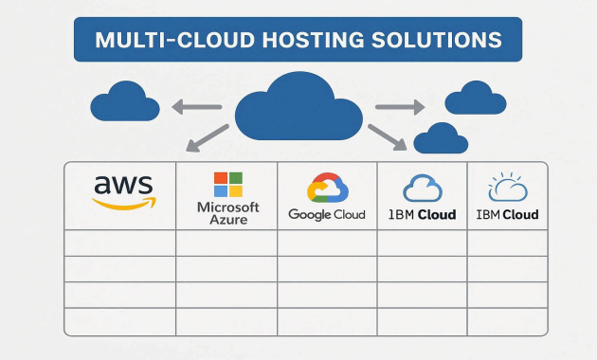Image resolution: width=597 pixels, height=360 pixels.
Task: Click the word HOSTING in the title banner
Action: point(315,41)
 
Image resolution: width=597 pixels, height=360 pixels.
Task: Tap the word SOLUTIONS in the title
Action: point(439,41)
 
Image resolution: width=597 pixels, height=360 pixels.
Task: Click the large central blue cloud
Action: point(298,107)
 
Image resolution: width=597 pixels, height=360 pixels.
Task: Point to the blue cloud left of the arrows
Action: point(125,102)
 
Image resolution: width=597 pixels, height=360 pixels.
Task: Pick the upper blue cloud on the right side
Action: point(475,97)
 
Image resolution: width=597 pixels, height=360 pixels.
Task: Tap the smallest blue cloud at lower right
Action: point(441,138)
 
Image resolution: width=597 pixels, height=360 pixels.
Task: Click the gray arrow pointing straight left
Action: point(197,107)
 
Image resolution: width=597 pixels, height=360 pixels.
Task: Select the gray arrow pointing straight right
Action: point(400,107)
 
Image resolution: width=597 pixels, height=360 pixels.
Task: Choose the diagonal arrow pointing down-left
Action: point(207,137)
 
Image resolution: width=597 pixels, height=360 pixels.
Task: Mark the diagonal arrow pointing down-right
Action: point(388,138)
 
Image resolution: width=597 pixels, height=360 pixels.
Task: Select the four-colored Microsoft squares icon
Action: point(227,185)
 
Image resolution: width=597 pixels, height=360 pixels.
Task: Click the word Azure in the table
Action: point(227,220)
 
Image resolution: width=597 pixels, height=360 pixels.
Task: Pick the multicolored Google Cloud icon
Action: point(327,188)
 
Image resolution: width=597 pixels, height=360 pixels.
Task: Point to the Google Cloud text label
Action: point(327,215)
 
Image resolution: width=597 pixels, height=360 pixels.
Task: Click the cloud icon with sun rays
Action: point(507,187)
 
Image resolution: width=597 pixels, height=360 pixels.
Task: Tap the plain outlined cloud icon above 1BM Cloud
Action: point(423,188)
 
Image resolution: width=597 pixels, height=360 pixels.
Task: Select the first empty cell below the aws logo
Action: point(120,243)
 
